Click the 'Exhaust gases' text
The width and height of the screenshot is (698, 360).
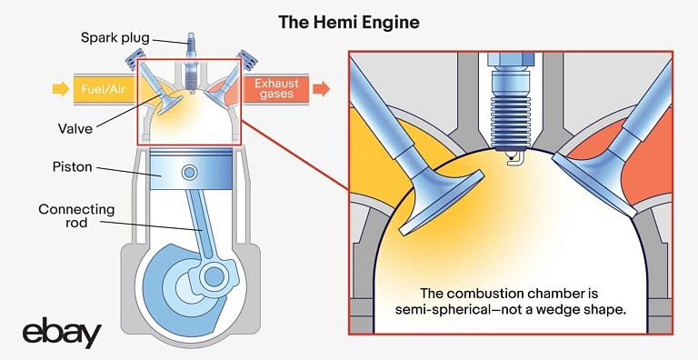click(x=276, y=89)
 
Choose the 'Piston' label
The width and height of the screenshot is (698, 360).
click(x=72, y=167)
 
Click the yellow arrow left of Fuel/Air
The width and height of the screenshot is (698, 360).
click(x=61, y=89)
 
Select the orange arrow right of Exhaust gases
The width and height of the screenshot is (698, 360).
click(x=322, y=89)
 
